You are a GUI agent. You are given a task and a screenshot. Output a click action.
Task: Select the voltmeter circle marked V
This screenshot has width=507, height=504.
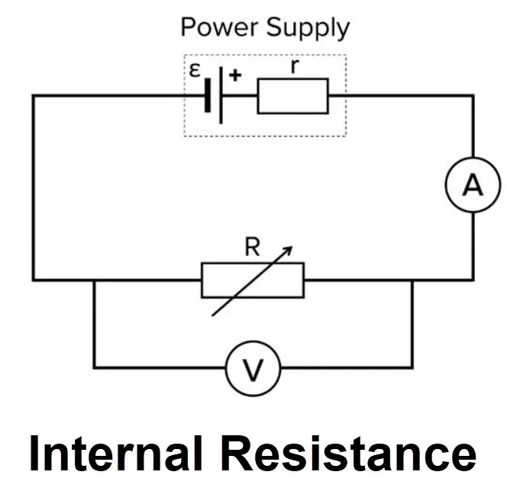253,341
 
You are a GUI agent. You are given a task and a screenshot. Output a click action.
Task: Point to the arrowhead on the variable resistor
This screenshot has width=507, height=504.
289,250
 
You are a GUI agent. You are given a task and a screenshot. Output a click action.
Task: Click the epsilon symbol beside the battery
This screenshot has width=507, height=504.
195,70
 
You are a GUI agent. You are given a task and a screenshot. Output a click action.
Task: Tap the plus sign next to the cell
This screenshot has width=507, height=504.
235,76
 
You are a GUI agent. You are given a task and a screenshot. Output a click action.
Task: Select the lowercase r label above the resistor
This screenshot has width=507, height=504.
294,66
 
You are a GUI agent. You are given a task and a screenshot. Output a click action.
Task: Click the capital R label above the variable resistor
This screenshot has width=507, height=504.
252,247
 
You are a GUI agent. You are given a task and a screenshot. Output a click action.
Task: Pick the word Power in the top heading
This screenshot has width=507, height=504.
219,27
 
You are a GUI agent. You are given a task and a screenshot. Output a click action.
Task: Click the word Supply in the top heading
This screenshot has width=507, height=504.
308,28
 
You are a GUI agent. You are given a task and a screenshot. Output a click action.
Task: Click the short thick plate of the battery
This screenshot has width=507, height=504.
208,95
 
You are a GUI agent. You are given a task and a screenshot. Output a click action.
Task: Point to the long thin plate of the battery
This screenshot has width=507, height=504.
221,95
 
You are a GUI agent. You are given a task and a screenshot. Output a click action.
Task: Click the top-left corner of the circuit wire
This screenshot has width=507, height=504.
33,95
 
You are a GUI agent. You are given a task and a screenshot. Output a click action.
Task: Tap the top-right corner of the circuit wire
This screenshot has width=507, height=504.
473,95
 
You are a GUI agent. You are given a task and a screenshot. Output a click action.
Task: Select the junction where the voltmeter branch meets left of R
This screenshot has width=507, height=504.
94,280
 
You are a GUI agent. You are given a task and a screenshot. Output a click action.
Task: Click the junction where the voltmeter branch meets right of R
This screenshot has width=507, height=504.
412,280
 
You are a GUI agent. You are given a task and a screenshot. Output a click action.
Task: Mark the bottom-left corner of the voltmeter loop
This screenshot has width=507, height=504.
94,367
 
